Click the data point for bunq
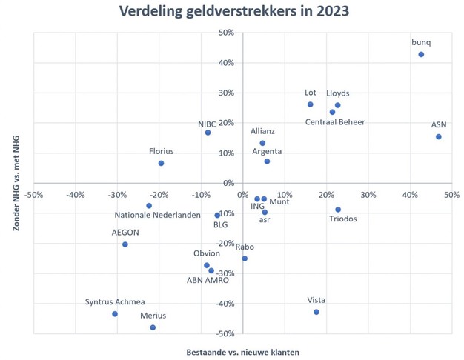[421, 54]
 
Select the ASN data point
[439, 136]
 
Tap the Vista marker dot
[316, 312]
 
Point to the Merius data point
[153, 327]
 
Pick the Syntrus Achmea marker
[115, 314]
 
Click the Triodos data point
[338, 210]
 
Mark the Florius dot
[161, 163]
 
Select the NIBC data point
[208, 133]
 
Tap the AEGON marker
[125, 244]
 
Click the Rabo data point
[245, 259]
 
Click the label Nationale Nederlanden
[157, 216]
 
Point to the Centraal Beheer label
[335, 122]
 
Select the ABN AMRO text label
[208, 280]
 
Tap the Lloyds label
[338, 93]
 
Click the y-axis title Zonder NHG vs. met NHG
[16, 184]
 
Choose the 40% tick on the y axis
[225, 63]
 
